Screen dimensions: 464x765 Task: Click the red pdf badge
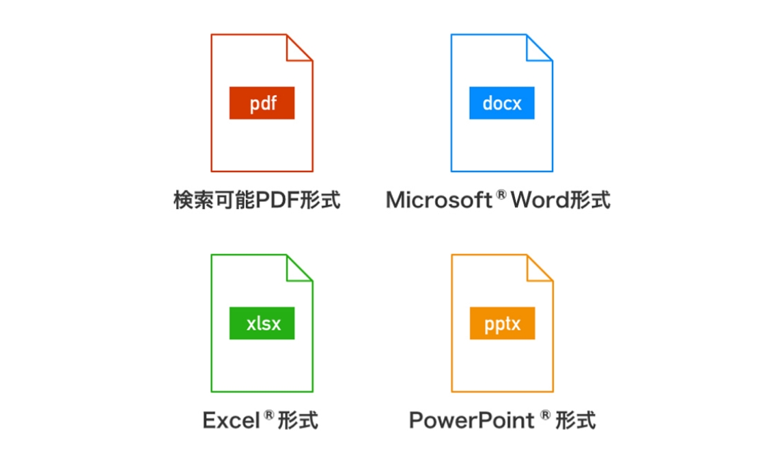click(262, 103)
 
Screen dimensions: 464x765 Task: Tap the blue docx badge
click(502, 103)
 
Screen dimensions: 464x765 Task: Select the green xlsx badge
click(262, 323)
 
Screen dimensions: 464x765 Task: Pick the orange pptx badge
click(502, 323)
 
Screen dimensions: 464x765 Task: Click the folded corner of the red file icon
click(298, 49)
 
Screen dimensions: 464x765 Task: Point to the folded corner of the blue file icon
click(538, 49)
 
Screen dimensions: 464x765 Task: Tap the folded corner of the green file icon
click(298, 269)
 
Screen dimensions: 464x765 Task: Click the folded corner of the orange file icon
click(538, 269)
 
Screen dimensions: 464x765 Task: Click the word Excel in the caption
click(231, 420)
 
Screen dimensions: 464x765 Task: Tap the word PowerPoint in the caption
click(471, 420)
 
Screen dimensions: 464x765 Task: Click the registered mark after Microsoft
click(501, 195)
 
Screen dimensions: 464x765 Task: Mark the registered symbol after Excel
click(270, 415)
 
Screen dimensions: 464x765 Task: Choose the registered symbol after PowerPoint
click(545, 415)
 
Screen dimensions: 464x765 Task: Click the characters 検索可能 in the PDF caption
click(215, 200)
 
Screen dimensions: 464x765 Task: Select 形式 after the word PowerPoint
click(575, 420)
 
